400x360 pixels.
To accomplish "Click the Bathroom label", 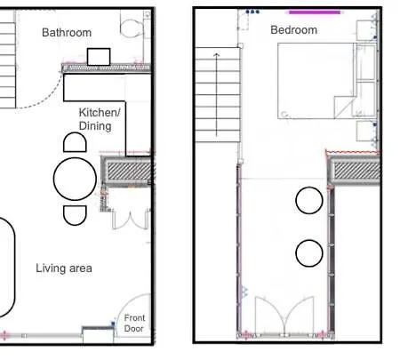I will pos(67,33).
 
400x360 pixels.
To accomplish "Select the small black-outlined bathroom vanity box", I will pos(98,56).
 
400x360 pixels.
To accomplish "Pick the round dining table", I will pos(75,179).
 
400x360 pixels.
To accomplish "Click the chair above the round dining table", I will pos(74,141).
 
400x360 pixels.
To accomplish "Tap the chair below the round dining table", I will pos(75,214).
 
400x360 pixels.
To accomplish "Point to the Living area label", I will pos(64,268).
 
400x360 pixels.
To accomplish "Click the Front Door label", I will pos(134,323).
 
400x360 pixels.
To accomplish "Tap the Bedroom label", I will pos(293,30).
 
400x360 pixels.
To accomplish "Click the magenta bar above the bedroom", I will pos(315,12).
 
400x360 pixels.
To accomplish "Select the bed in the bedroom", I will pos(317,81).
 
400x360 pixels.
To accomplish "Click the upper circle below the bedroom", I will pos(308,200).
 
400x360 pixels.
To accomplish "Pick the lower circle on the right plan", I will pos(308,253).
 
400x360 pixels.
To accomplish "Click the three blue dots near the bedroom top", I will pos(252,12).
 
